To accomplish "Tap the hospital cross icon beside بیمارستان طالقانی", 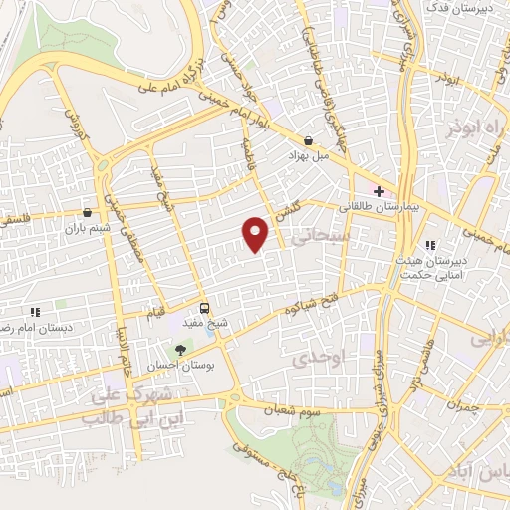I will point(379,189).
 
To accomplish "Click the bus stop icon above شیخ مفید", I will point(203,308).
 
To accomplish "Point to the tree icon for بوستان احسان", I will point(180,349).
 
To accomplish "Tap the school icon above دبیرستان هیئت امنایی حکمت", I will point(430,245).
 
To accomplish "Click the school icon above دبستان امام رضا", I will point(35,312).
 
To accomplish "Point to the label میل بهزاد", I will point(308,158).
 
